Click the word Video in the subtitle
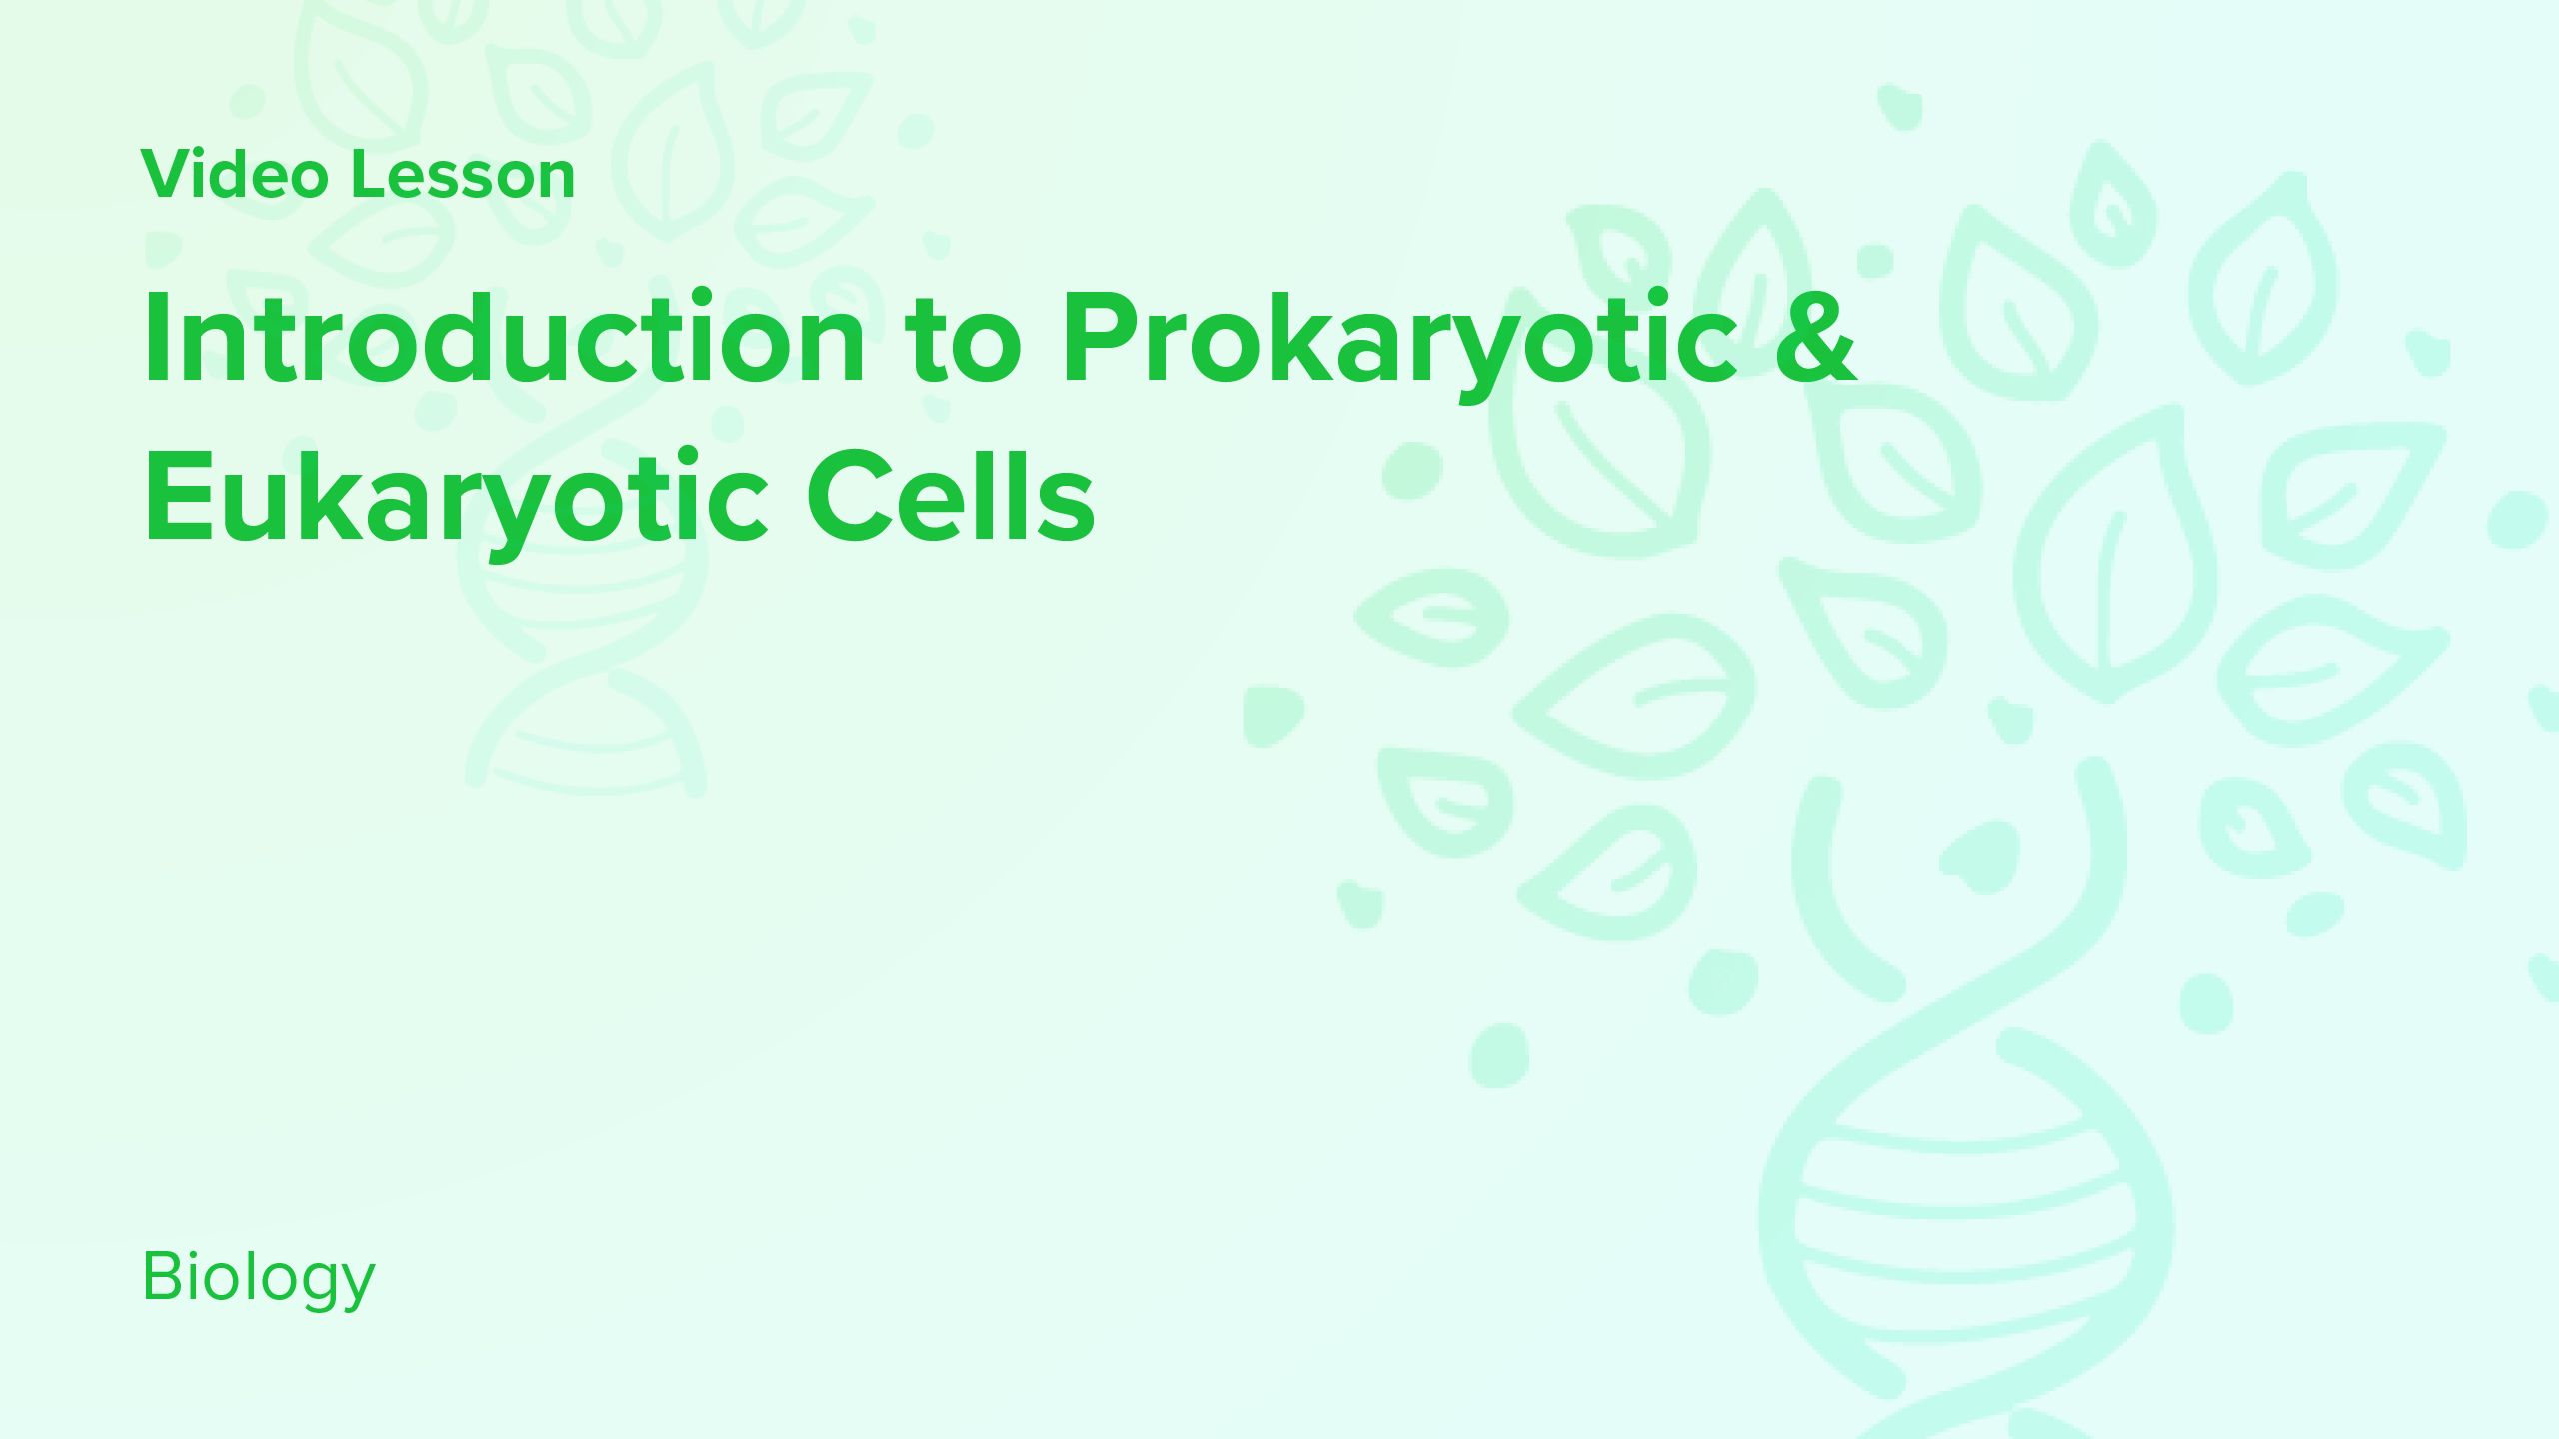235,175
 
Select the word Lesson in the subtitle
463,175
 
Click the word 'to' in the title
963,338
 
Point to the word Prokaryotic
1399,338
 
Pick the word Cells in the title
951,496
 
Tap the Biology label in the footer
259,1277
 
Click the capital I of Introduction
157,338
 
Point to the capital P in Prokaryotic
1098,338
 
